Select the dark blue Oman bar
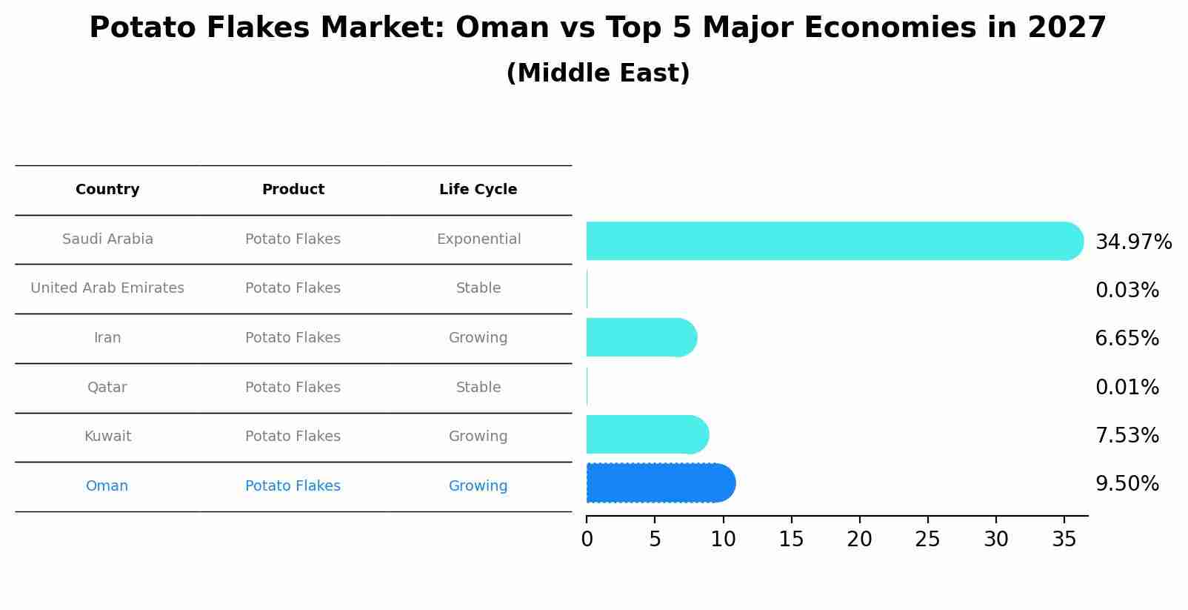click(x=659, y=483)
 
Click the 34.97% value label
click(x=1133, y=242)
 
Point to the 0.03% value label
click(x=1127, y=291)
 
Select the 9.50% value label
click(x=1127, y=484)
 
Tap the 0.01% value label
click(x=1127, y=388)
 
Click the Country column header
click(x=107, y=190)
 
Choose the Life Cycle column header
click(x=478, y=190)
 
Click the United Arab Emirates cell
click(x=107, y=288)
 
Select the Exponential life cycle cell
click(x=478, y=239)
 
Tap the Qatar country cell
click(x=107, y=388)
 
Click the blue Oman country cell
click(x=107, y=486)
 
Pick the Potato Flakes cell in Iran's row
click(x=293, y=338)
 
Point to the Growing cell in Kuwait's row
click(x=478, y=437)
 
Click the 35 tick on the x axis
click(x=1064, y=540)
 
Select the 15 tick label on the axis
click(x=791, y=540)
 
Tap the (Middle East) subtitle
click(x=598, y=73)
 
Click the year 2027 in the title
click(x=1067, y=28)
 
